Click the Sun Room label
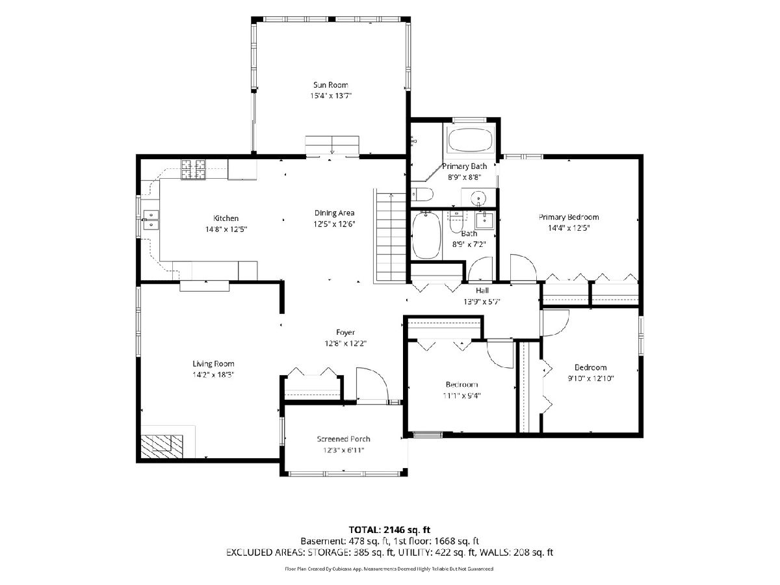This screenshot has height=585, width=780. click(x=330, y=85)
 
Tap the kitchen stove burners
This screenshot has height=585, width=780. click(x=193, y=170)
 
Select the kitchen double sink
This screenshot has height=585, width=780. click(x=151, y=220)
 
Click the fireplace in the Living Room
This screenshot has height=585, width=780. click(x=162, y=446)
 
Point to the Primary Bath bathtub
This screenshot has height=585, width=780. click(x=471, y=140)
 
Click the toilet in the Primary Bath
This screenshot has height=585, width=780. click(x=422, y=194)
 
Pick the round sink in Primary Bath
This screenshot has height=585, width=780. click(x=479, y=198)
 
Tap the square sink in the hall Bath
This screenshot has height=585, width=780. click(x=485, y=220)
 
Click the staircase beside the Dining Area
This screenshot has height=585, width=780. click(x=390, y=236)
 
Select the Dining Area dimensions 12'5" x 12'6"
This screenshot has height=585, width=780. click(x=334, y=224)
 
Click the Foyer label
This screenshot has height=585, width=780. click(x=345, y=332)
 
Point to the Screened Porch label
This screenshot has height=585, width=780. click(x=344, y=439)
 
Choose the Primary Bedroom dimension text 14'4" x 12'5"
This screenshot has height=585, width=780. click(x=569, y=228)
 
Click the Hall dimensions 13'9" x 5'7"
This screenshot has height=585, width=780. click(x=482, y=302)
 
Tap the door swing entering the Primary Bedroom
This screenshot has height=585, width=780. click(x=523, y=268)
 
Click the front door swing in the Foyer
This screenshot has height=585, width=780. click(x=372, y=384)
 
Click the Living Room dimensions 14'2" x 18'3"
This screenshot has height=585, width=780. click(x=213, y=375)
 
